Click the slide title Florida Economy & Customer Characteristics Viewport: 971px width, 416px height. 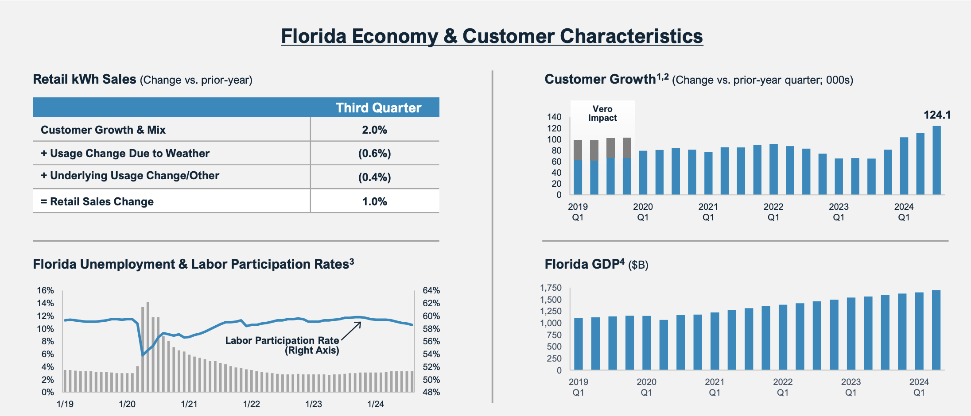pyautogui.click(x=492, y=36)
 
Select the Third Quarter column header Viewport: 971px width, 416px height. pyautogui.click(x=378, y=108)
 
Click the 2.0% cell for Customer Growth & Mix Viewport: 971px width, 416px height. pyautogui.click(x=374, y=130)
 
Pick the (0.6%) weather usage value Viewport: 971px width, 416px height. pyautogui.click(x=374, y=154)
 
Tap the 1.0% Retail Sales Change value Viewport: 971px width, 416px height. pyautogui.click(x=374, y=201)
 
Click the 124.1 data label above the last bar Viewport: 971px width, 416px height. pyautogui.click(x=937, y=115)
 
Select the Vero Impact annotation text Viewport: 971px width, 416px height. pyautogui.click(x=602, y=113)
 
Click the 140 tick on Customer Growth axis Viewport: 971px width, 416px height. pyautogui.click(x=554, y=117)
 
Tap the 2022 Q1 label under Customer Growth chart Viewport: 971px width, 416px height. pyautogui.click(x=773, y=212)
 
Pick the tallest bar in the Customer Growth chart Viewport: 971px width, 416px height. pyautogui.click(x=937, y=160)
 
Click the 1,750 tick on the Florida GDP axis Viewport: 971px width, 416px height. pyautogui.click(x=551, y=288)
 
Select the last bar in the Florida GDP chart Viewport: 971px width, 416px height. pyautogui.click(x=936, y=330)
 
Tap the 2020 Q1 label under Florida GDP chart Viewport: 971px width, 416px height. pyautogui.click(x=646, y=387)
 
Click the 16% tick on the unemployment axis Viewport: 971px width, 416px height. pyautogui.click(x=45, y=291)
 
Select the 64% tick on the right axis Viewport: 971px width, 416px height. pyautogui.click(x=431, y=291)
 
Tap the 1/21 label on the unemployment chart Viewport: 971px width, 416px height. pyautogui.click(x=189, y=404)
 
